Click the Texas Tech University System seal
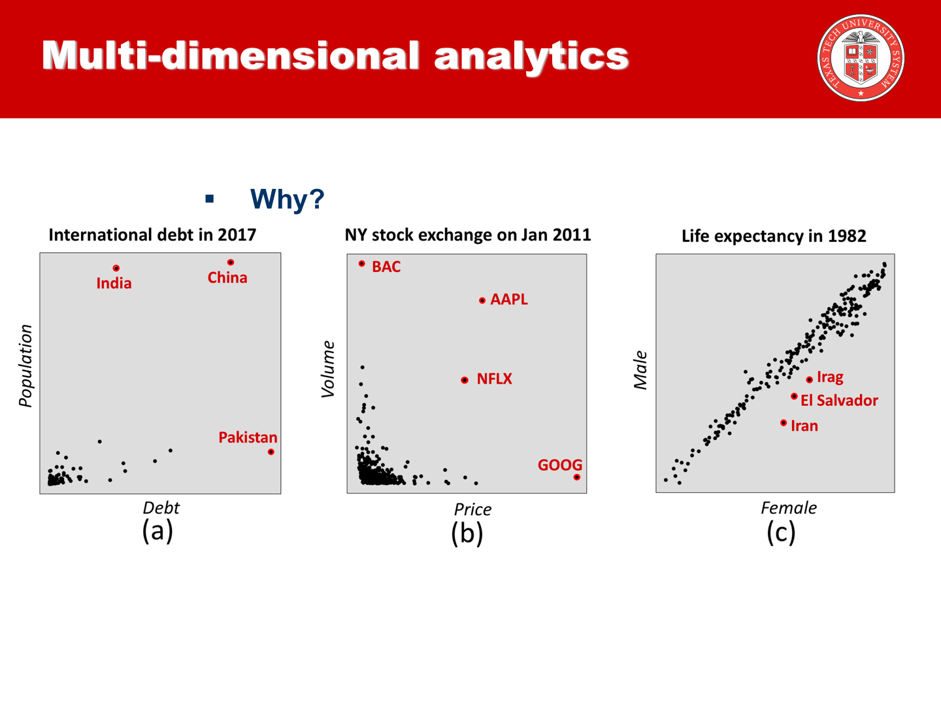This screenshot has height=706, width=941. coord(861,58)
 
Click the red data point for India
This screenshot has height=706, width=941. coord(116,268)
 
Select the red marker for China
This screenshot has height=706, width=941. coord(231,262)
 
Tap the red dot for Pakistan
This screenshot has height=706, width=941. coord(271,452)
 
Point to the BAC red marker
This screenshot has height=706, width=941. coord(362,263)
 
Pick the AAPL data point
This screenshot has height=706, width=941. coord(482,301)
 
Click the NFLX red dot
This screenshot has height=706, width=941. coord(465,380)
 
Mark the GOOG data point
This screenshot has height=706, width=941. coord(576,477)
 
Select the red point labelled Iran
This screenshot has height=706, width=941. coord(784,423)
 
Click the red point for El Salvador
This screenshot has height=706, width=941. coord(794,396)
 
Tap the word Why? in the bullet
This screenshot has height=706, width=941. coord(287,199)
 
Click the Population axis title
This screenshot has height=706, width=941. coord(25,366)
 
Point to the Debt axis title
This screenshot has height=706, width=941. coord(161,508)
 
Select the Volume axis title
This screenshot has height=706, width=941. coord(328,369)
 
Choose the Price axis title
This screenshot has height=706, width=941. coord(472,509)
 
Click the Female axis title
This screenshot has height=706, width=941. coord(789,508)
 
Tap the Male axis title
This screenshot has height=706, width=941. coord(640,370)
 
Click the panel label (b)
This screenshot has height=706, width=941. coord(467,533)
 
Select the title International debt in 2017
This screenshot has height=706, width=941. coord(152,235)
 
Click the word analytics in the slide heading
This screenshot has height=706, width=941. coord(531,56)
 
